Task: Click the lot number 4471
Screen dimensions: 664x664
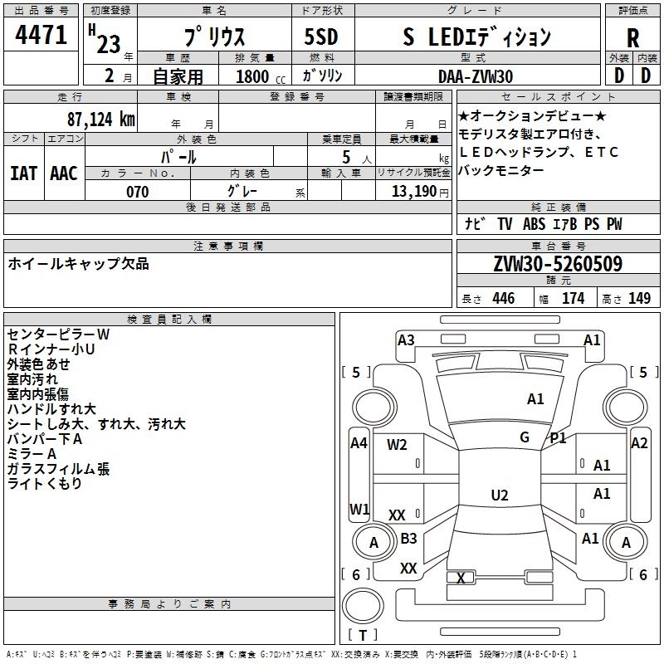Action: (41, 35)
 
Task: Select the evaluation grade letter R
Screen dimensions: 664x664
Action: (632, 37)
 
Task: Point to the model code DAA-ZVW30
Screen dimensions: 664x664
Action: (476, 76)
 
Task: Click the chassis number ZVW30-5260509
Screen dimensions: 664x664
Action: (557, 264)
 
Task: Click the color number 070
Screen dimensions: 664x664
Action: (137, 192)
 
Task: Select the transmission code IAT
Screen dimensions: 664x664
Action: (23, 173)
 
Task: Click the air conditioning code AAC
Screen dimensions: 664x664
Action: (64, 173)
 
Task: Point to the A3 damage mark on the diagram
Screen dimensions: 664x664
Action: (406, 339)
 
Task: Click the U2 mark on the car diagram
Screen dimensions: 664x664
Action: (499, 496)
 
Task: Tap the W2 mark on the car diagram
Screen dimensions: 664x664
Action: (397, 444)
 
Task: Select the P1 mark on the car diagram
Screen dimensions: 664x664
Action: (558, 437)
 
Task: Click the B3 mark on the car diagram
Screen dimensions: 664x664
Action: (408, 539)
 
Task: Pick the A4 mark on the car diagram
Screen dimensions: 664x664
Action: (359, 443)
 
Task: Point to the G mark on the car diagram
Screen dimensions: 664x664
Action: (525, 437)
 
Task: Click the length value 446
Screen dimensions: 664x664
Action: (504, 299)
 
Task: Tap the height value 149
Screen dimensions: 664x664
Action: (639, 299)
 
